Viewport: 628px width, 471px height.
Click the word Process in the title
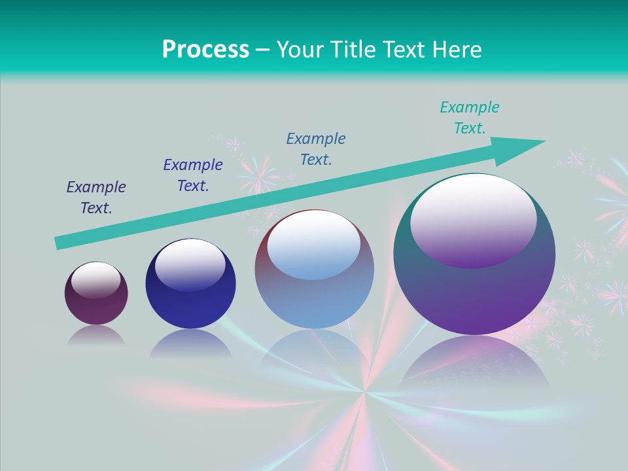(205, 50)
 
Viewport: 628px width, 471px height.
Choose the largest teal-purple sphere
(474, 294)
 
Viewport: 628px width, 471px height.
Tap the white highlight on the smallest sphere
(96, 280)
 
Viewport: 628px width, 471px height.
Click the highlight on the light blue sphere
(314, 245)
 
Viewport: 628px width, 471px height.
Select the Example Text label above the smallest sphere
(96, 198)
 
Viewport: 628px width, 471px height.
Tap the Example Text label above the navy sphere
(193, 175)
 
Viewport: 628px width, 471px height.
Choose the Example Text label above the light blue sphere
(316, 149)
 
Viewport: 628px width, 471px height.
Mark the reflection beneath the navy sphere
(190, 344)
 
